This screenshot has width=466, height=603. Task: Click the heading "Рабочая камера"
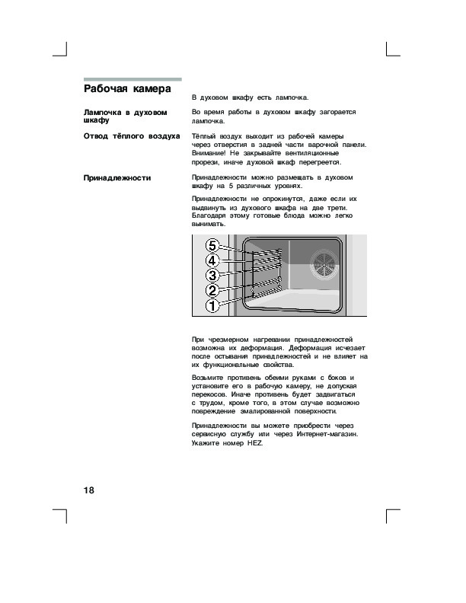(126, 88)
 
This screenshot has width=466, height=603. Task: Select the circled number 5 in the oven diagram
(214, 246)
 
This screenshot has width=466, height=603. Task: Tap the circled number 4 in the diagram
(214, 260)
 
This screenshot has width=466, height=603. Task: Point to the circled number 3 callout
(214, 275)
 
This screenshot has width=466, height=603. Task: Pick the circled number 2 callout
(214, 290)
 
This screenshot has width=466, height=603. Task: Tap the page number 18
(88, 489)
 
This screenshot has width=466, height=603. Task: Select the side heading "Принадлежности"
(117, 178)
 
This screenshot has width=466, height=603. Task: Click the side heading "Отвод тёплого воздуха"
(131, 136)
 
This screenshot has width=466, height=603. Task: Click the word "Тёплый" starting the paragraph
(203, 135)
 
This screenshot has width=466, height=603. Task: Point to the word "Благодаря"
(210, 216)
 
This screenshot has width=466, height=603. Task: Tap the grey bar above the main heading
(132, 79)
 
